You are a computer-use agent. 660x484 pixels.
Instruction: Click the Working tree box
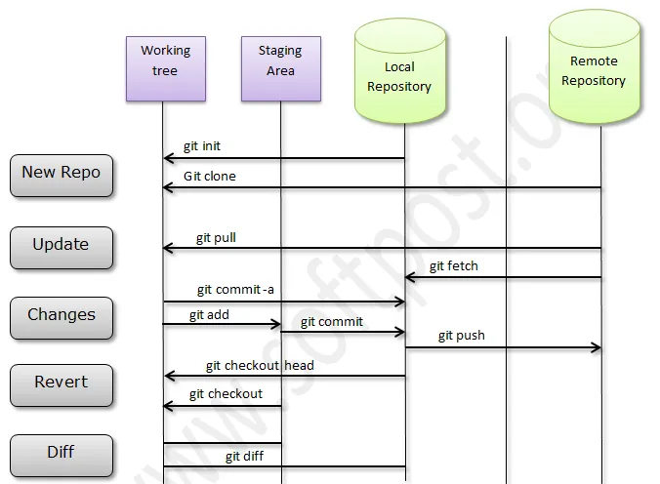click(x=165, y=68)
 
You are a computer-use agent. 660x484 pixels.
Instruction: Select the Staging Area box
click(x=280, y=68)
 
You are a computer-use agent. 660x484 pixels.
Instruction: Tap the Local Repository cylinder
click(x=398, y=77)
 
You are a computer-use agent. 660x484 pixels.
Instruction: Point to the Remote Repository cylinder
click(x=594, y=71)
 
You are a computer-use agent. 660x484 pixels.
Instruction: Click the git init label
click(x=202, y=146)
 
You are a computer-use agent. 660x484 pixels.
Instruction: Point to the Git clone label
click(x=209, y=177)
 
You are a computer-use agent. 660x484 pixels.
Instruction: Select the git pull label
click(x=216, y=237)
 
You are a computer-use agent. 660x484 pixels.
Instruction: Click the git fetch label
click(x=454, y=265)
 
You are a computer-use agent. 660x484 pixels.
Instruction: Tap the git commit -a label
click(x=235, y=289)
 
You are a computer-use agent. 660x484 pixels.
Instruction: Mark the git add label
click(x=210, y=314)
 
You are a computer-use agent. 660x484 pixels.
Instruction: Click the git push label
click(x=461, y=336)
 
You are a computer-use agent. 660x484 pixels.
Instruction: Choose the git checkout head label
click(x=260, y=366)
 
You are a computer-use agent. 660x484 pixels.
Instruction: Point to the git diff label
click(x=246, y=456)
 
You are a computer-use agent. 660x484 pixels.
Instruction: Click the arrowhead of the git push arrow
click(x=596, y=347)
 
